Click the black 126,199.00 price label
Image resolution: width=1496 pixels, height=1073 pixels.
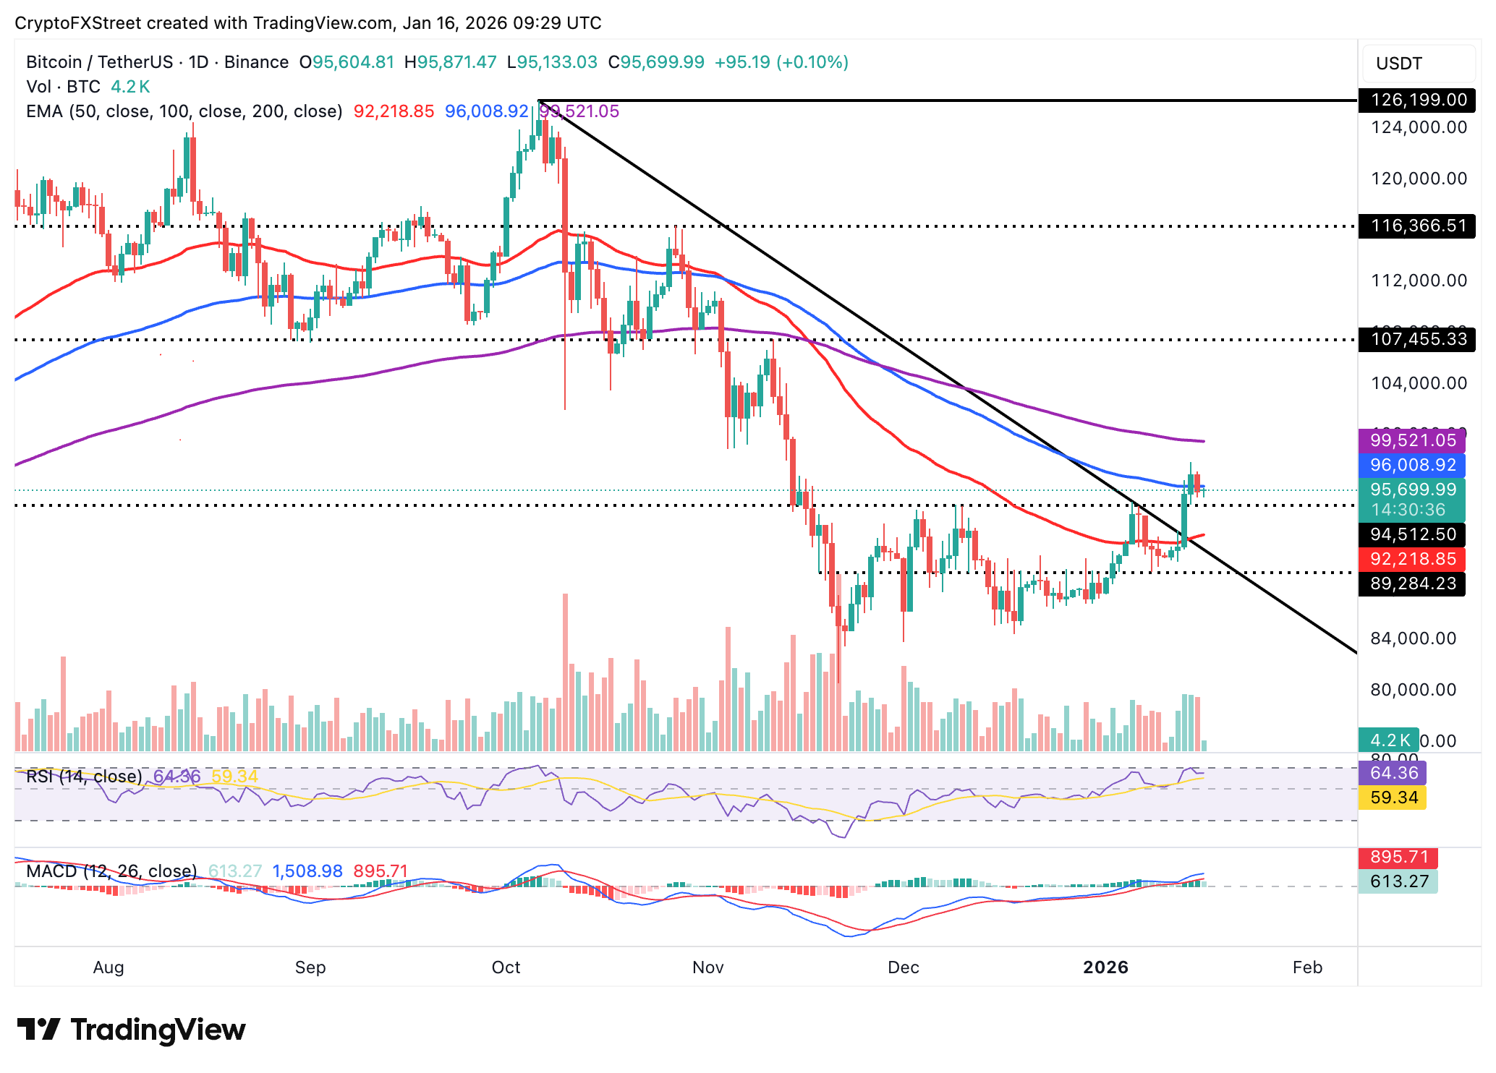click(x=1416, y=100)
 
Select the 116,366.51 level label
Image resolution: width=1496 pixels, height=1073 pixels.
click(x=1416, y=226)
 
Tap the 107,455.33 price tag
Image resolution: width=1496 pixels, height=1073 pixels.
click(x=1416, y=339)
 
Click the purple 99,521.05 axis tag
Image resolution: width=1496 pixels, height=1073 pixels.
click(x=1412, y=440)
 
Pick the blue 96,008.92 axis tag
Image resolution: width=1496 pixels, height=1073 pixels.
click(x=1412, y=465)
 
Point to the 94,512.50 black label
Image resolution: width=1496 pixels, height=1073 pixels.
click(x=1412, y=534)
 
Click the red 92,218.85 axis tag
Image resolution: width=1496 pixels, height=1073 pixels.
click(x=1412, y=559)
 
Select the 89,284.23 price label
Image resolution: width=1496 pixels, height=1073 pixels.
click(x=1412, y=583)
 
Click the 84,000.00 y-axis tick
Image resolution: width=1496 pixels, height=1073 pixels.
click(x=1413, y=638)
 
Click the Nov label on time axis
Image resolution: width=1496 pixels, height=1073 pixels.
click(x=707, y=967)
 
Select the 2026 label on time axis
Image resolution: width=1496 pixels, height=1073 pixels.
click(x=1105, y=967)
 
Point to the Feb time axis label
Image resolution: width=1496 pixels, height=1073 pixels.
click(x=1307, y=967)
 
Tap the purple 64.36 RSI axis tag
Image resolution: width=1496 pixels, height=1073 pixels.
click(x=1393, y=773)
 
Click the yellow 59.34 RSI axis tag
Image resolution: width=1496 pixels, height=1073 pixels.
click(x=1393, y=798)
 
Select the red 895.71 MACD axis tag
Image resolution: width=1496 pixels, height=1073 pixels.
click(x=1398, y=857)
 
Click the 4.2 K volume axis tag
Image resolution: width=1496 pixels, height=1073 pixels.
click(x=1388, y=740)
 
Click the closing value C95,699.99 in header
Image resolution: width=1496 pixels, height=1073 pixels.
click(x=656, y=62)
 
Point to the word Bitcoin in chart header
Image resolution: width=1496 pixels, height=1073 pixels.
click(x=54, y=62)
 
